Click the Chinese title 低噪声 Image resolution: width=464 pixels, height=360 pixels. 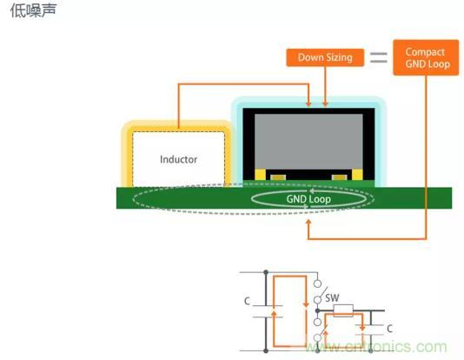click(x=33, y=10)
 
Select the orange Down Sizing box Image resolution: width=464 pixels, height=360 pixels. click(x=325, y=57)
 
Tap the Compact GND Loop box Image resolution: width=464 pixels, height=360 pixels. click(x=426, y=57)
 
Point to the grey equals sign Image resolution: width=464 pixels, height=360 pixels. click(x=379, y=57)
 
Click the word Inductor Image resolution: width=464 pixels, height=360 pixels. click(x=178, y=160)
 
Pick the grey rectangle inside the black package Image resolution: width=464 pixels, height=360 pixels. click(x=308, y=142)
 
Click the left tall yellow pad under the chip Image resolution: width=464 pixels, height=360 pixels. click(x=260, y=175)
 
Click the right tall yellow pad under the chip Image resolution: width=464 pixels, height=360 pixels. click(x=357, y=175)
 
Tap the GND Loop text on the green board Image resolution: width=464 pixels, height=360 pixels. click(x=308, y=199)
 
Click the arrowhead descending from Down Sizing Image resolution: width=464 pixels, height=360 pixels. click(x=325, y=103)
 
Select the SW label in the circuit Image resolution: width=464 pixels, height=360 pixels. click(x=332, y=298)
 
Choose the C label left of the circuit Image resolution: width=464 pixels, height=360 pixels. click(x=247, y=302)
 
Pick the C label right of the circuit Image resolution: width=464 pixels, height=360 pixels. click(x=390, y=329)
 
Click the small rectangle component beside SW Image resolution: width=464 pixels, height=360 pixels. click(x=343, y=310)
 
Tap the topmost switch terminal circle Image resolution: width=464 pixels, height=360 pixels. click(x=317, y=283)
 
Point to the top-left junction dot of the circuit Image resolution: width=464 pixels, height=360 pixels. click(x=266, y=272)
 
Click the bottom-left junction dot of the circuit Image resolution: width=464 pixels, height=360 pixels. click(x=266, y=350)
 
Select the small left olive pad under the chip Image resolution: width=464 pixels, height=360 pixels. click(x=278, y=177)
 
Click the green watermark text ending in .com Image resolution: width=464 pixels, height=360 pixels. click(x=376, y=346)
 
